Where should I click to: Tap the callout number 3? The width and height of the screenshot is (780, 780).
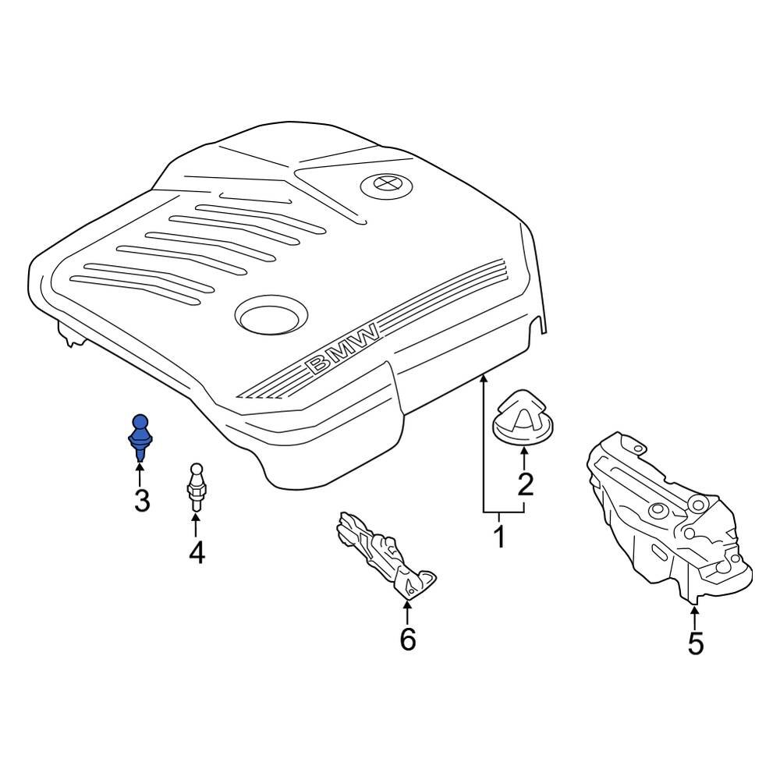(x=142, y=501)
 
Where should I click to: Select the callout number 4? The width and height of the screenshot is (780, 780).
(x=197, y=552)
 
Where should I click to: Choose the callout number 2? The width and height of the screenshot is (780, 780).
(x=525, y=484)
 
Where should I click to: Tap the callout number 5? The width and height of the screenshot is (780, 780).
(x=696, y=643)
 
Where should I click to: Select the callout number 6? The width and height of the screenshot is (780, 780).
(x=408, y=640)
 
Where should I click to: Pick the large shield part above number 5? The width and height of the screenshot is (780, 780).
(x=669, y=517)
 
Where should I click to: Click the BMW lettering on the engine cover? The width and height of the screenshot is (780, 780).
(x=342, y=348)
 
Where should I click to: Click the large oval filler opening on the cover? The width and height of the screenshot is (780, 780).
(x=271, y=316)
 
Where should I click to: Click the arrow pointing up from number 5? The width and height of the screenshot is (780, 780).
(x=695, y=615)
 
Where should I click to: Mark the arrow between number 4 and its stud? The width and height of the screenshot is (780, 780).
(x=196, y=525)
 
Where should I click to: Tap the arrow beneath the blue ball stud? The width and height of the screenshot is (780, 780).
(x=140, y=474)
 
